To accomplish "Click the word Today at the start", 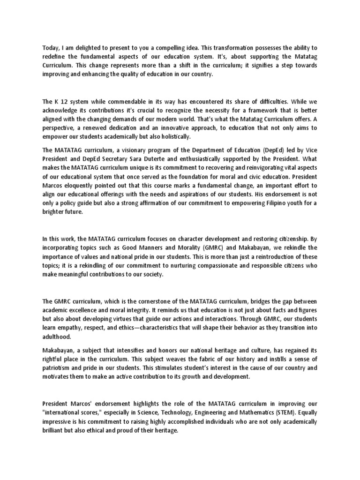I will tap(51, 48).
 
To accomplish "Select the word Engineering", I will tap(202, 413).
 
